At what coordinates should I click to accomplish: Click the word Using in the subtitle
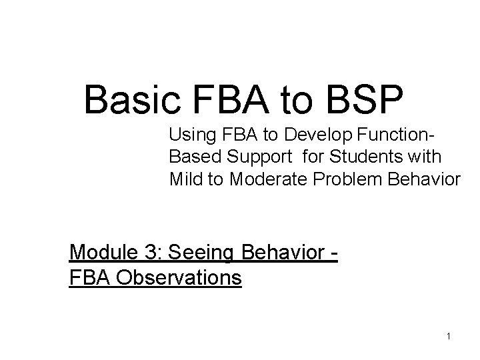point(190,137)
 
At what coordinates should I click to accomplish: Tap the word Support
point(254,158)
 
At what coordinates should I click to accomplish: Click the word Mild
point(183,179)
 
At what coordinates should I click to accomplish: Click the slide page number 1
point(449,336)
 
